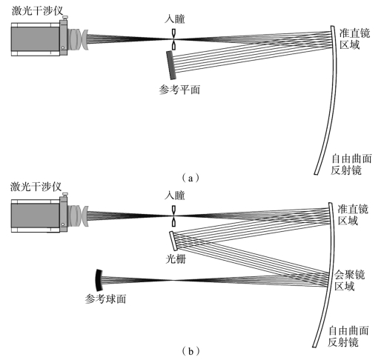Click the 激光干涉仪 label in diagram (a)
(x=37, y=11)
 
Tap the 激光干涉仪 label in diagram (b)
(x=36, y=187)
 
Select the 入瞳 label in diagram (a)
(x=175, y=19)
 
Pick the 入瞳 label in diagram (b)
(x=175, y=196)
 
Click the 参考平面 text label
(x=179, y=90)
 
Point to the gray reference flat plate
(x=171, y=65)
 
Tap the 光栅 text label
(x=176, y=259)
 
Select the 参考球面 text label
(x=105, y=299)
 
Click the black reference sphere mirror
(x=99, y=280)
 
